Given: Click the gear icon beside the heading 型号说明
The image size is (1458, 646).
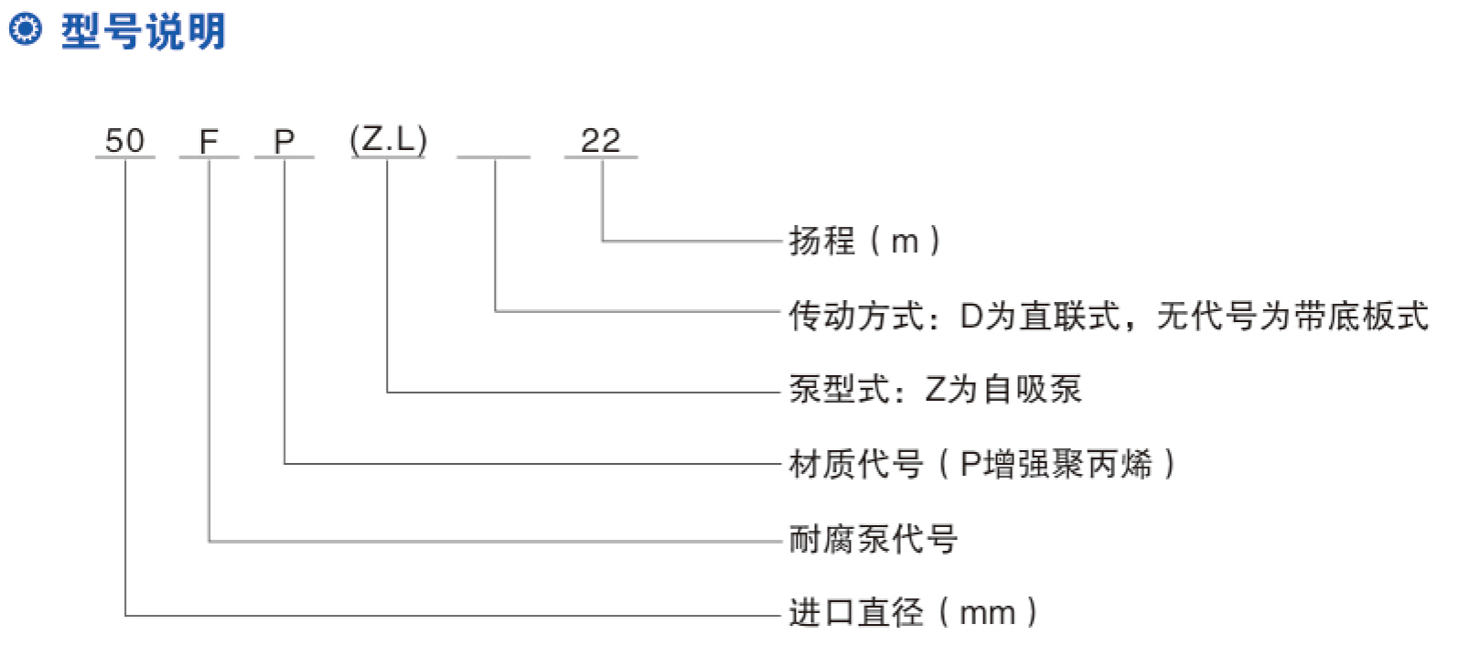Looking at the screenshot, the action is (26, 30).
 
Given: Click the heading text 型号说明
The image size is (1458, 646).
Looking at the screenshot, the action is (144, 30).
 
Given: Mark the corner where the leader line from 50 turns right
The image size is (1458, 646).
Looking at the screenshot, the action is (125, 615).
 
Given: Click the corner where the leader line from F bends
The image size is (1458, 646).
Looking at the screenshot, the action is (209, 541).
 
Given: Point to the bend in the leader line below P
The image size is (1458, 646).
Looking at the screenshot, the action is (284, 464).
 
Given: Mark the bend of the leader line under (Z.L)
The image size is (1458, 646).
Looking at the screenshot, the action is (387, 392).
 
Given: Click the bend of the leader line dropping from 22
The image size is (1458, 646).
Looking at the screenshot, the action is (602, 241).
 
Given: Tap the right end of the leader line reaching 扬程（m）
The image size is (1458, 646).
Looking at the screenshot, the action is (780, 241).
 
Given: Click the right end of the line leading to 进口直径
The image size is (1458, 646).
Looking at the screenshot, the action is (780, 615).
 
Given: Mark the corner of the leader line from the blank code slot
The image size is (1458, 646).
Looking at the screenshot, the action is (496, 311).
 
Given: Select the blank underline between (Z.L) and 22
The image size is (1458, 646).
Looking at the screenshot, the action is (493, 157).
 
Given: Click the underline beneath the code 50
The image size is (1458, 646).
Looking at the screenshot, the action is (125, 157).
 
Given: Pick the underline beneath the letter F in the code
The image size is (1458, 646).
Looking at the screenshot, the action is (209, 157).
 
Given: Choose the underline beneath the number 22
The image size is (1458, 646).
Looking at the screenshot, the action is (601, 157).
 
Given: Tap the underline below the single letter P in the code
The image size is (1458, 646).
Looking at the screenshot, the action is (284, 157).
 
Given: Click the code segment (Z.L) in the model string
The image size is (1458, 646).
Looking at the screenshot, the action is (389, 139).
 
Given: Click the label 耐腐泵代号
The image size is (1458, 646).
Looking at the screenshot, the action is (873, 539).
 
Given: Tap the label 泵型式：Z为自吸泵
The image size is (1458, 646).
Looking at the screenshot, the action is (936, 390).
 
